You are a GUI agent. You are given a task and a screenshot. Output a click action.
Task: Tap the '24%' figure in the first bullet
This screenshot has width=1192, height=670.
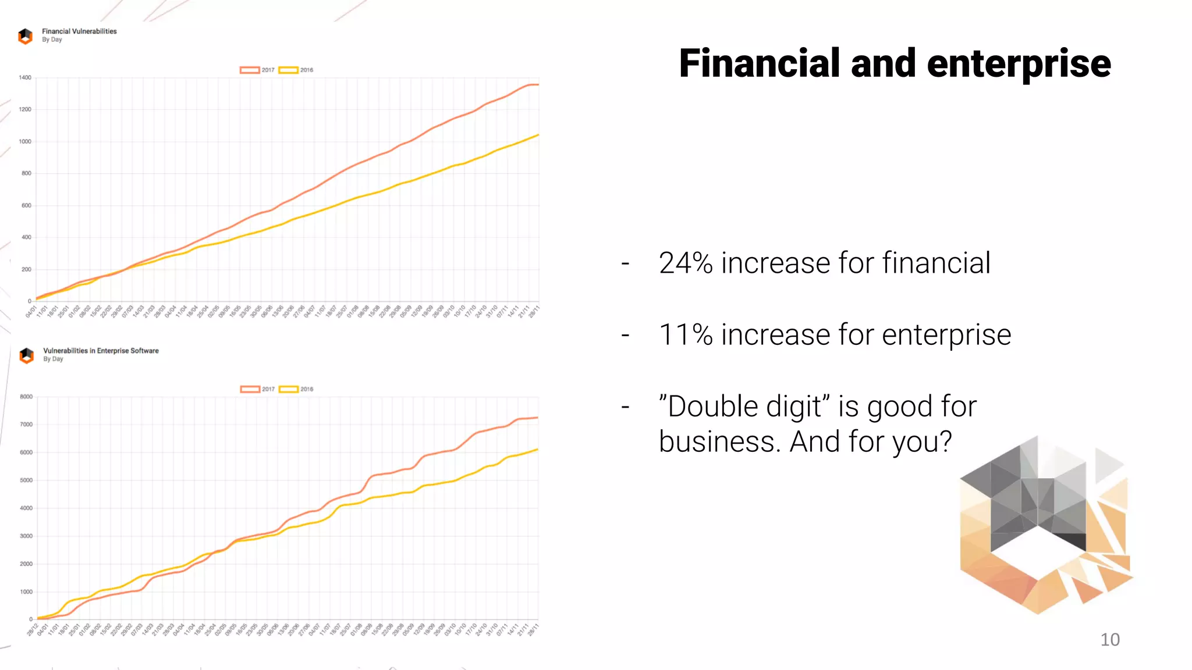click(685, 263)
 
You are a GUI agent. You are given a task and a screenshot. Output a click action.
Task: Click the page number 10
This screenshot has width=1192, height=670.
click(1109, 640)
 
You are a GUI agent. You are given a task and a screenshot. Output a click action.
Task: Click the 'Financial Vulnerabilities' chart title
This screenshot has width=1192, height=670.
click(79, 31)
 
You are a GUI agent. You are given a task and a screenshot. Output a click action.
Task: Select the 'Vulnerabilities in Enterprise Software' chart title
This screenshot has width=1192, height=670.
click(101, 351)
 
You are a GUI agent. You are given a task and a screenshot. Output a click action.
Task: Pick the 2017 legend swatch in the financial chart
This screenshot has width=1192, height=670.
click(250, 70)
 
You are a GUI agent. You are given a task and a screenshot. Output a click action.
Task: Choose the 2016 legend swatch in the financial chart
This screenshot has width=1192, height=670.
click(288, 70)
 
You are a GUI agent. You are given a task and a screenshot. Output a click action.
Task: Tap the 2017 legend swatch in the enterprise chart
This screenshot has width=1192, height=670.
click(250, 389)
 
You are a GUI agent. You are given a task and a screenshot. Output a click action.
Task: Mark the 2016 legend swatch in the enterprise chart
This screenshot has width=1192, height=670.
click(289, 389)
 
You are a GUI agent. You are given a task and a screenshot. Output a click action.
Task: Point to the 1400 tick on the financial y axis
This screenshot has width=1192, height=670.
click(25, 77)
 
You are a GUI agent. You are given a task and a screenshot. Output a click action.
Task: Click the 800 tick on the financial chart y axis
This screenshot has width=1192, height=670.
click(26, 173)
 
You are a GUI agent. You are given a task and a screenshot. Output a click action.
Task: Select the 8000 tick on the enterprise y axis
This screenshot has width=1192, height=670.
click(26, 397)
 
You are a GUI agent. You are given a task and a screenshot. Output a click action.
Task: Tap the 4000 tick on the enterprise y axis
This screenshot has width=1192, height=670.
click(26, 508)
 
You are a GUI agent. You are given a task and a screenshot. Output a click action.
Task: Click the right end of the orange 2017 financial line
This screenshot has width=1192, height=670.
click(538, 85)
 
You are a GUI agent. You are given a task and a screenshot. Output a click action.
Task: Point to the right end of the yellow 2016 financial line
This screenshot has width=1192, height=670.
click(538, 135)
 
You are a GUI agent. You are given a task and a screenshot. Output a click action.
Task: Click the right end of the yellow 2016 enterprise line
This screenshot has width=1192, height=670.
click(537, 450)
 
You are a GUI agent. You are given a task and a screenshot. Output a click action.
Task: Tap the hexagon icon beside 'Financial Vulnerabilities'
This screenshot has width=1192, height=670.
click(26, 36)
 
